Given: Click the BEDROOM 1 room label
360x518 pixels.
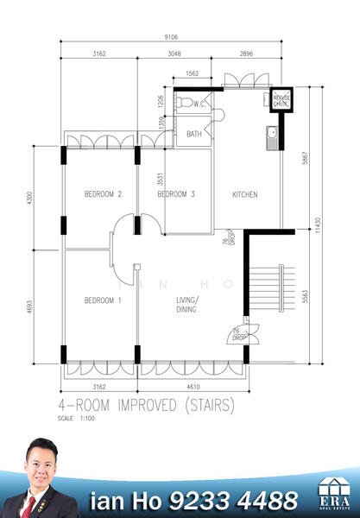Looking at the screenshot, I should (102, 300).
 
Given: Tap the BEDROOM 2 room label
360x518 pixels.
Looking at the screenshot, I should (102, 195).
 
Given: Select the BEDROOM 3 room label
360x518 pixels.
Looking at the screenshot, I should (176, 195).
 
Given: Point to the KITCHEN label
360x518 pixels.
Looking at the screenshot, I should (244, 195).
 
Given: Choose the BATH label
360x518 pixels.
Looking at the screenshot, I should (194, 135).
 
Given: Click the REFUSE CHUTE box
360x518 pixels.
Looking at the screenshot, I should (281, 100).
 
